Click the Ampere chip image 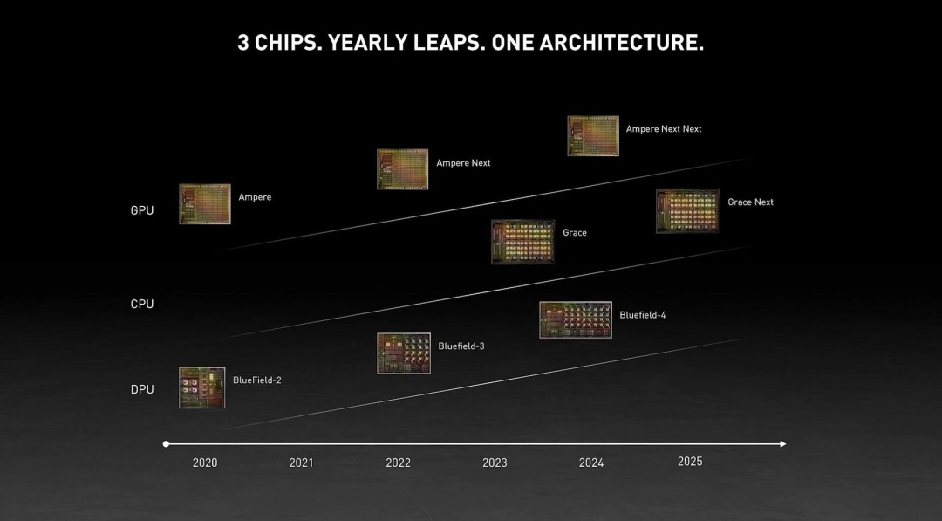205,204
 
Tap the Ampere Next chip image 402,169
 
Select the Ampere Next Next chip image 593,136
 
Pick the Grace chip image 522,242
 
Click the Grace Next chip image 687,211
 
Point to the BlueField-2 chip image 202,387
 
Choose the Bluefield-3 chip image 404,353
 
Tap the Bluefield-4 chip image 576,320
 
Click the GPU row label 142,210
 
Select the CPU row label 142,304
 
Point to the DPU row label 142,389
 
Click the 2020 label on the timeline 205,463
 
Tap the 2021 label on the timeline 301,463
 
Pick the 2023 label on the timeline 495,463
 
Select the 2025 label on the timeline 690,461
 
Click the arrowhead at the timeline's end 783,444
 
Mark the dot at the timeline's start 166,444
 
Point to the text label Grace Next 751,202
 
